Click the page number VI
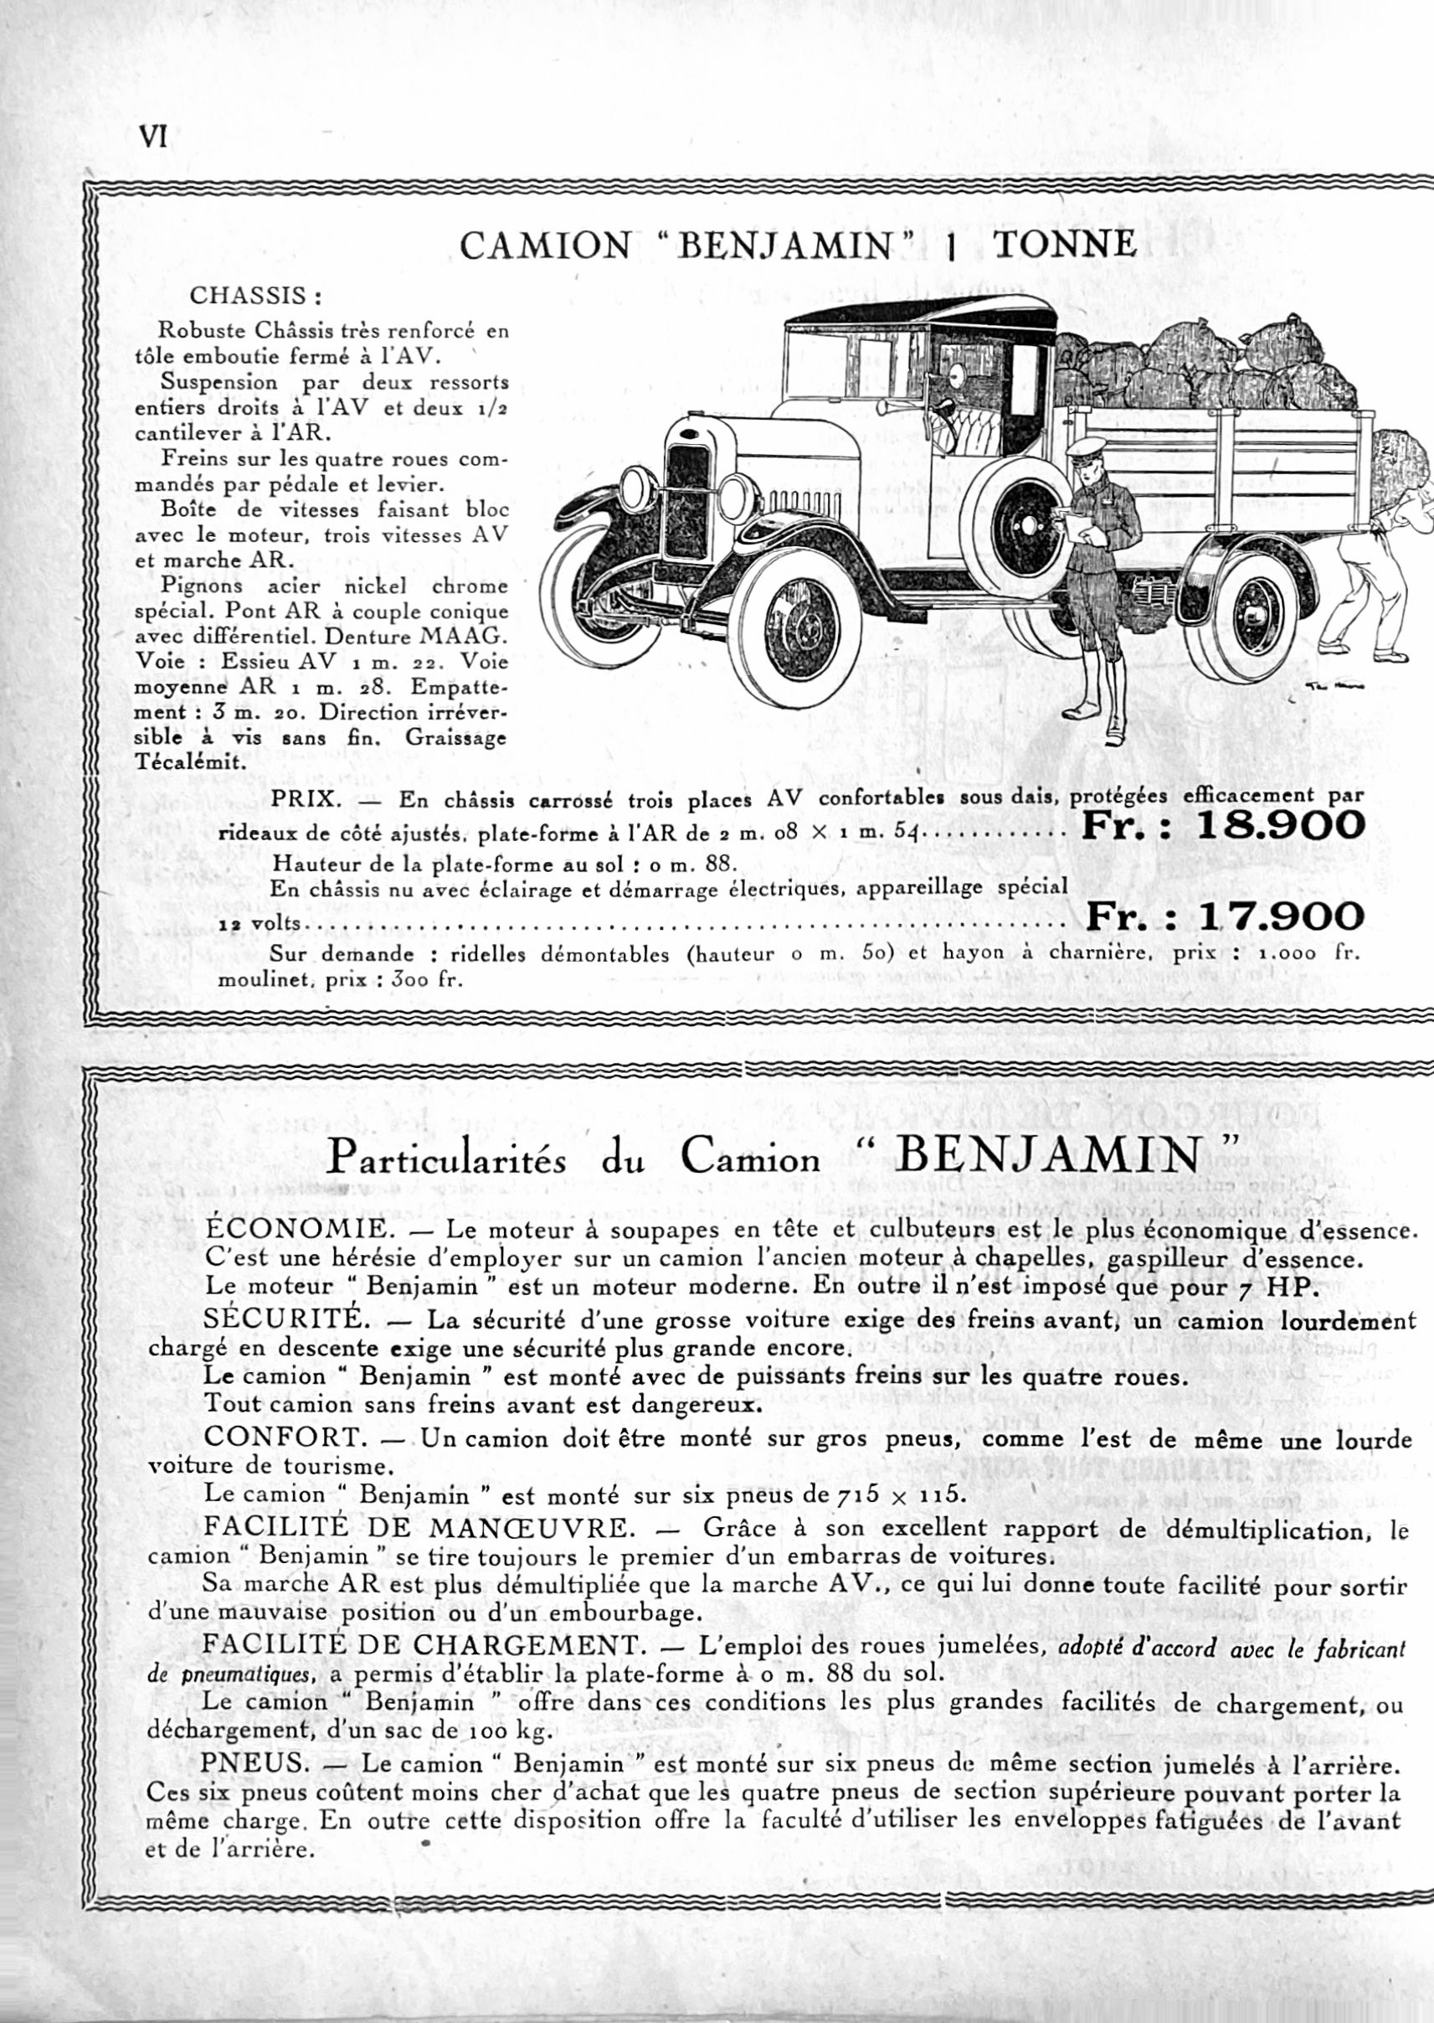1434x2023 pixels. point(152,136)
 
